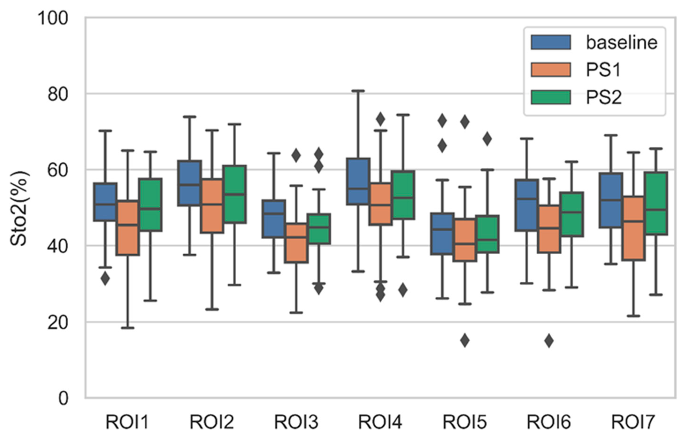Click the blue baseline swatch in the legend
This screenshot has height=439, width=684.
point(550,43)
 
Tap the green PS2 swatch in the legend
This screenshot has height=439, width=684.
point(550,97)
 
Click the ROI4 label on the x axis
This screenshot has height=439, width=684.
point(380,422)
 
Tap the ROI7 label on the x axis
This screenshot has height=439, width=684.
point(633,422)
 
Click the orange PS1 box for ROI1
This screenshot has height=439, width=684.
point(128,228)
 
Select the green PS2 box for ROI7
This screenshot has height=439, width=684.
point(656,204)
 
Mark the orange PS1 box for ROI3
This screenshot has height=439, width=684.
point(296,243)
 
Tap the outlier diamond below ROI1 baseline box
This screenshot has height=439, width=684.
point(105,279)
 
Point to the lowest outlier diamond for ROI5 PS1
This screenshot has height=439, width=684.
point(465,340)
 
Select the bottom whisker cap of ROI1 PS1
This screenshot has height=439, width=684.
point(128,328)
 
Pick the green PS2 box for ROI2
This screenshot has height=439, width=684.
point(234,194)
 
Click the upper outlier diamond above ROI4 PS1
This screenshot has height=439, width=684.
point(380,119)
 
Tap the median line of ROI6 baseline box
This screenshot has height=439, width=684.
point(526,199)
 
